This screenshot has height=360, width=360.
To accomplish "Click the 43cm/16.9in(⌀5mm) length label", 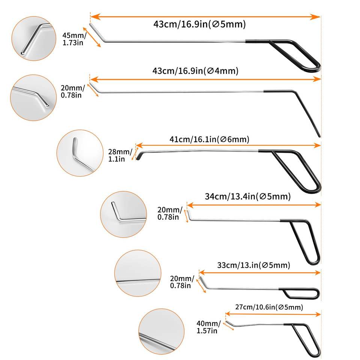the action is tap(199, 25).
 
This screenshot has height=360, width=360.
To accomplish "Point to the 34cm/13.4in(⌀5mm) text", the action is tap(247, 196).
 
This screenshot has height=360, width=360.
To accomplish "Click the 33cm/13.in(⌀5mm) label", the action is tap(254, 265).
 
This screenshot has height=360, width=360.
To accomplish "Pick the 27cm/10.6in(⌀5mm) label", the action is tap(269, 307).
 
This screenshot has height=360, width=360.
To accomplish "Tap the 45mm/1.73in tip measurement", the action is tap(74, 39).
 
